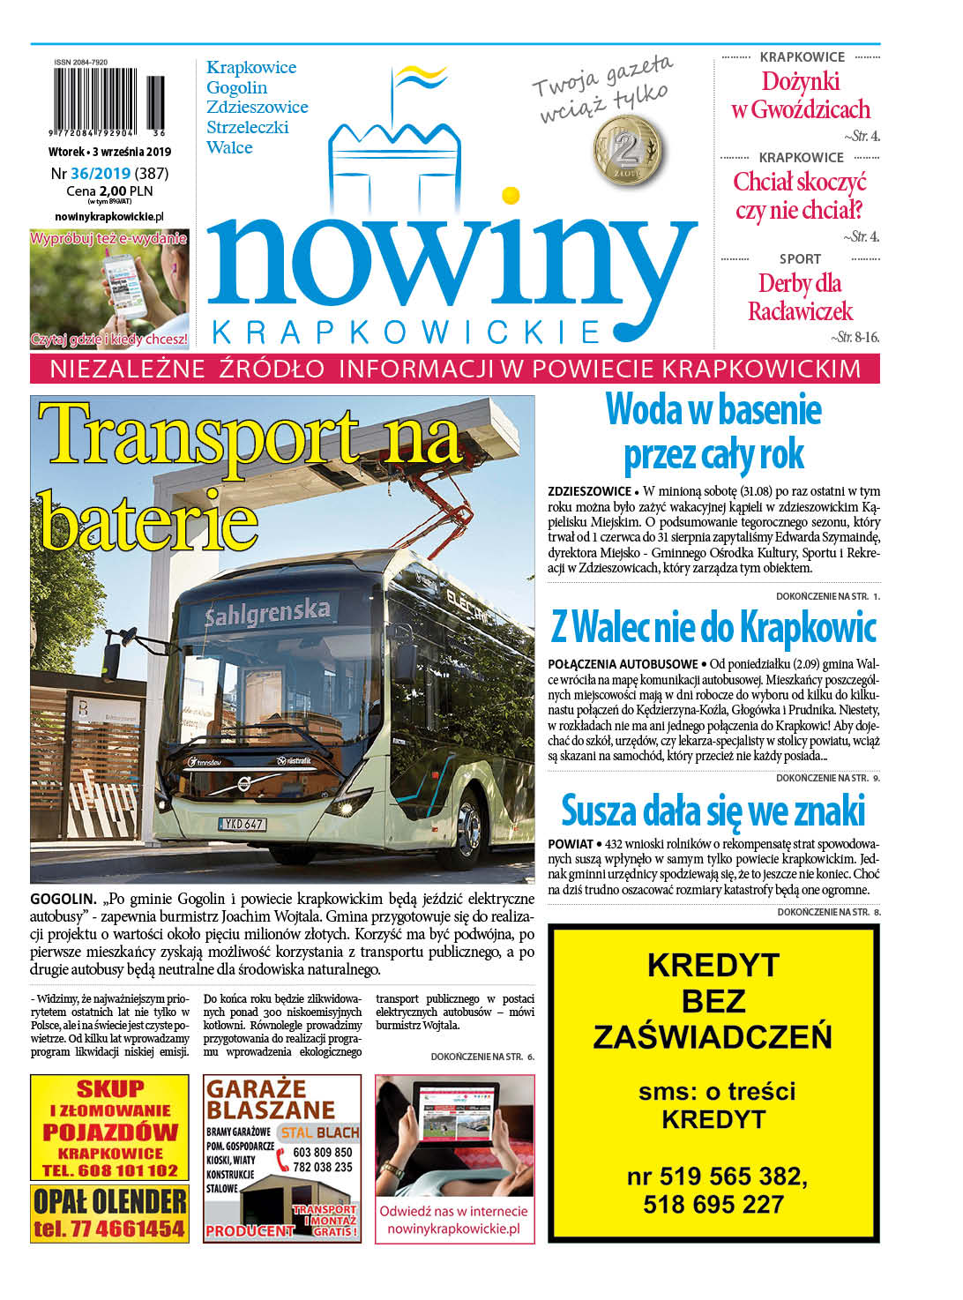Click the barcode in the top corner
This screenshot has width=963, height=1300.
click(x=108, y=101)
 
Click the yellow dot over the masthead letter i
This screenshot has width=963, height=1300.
click(x=510, y=194)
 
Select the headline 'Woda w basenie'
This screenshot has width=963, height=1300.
click(x=713, y=410)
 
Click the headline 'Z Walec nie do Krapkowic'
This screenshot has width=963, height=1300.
click(x=713, y=628)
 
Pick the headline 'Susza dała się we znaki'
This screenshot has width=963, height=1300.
click(x=713, y=810)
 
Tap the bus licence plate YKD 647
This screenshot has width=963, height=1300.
click(x=243, y=824)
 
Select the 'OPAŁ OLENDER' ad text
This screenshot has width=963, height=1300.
click(x=109, y=1200)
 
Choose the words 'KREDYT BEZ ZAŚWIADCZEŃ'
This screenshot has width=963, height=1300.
click(x=713, y=1001)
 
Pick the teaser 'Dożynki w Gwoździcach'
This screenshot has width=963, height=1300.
click(x=801, y=95)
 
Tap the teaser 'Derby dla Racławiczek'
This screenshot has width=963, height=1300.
click(x=800, y=297)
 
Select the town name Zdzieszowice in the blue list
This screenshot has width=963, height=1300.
click(x=257, y=108)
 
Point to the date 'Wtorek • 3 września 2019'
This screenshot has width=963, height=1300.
click(x=109, y=152)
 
